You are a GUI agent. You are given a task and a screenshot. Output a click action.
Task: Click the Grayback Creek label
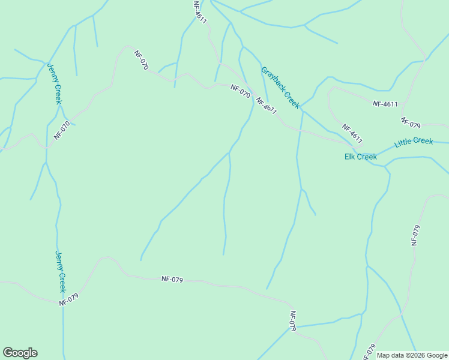coord(280,88)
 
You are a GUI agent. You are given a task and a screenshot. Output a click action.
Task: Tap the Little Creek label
coord(414,142)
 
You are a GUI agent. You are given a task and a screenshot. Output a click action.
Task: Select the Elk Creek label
coord(360,157)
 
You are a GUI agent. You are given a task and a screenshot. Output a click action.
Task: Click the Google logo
coord(20,353)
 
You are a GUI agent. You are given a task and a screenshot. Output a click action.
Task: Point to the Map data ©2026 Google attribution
coord(412,355)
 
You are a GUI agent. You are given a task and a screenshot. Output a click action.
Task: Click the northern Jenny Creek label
coord(54,83)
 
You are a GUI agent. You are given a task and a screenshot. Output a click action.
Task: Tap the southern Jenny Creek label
coord(61,272)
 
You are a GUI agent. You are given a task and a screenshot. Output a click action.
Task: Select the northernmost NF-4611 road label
coord(200,12)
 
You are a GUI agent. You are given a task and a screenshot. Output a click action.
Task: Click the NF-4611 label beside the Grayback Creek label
coord(266,106)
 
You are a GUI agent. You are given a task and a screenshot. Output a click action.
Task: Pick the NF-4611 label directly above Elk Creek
coord(352,134)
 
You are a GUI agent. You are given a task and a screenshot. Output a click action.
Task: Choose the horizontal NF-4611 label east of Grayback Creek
coord(385,104)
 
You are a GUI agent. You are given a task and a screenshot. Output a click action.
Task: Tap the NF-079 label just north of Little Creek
coord(411,122)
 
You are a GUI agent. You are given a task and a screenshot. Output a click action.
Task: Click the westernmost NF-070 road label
coord(62,131)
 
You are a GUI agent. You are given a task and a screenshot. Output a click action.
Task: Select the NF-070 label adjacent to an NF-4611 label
coord(240,91)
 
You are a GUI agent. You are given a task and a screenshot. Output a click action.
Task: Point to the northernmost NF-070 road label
coord(141,61)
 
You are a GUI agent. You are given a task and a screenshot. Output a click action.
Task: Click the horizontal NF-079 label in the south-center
coord(172,279)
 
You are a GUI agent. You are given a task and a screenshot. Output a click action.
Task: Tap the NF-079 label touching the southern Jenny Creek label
coord(69,299)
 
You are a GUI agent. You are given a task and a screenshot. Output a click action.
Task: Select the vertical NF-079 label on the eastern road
coord(415,235)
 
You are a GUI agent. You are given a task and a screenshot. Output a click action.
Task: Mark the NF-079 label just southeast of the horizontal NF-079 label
coord(293,320)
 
